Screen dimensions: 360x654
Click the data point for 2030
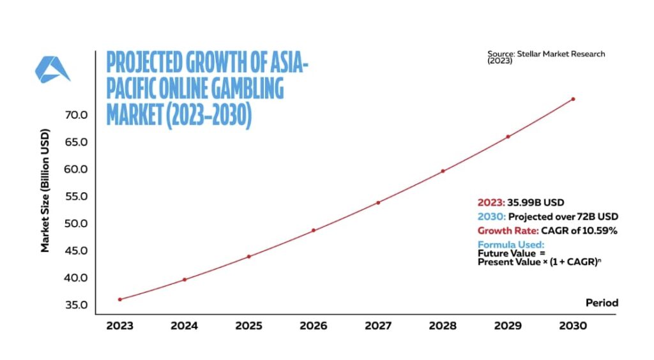pyautogui.click(x=573, y=99)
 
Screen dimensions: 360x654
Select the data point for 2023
pyautogui.click(x=119, y=299)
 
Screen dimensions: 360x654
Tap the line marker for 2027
pyautogui.click(x=378, y=202)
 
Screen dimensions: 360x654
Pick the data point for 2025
pyautogui.click(x=248, y=257)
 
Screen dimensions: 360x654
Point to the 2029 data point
pyautogui.click(x=508, y=137)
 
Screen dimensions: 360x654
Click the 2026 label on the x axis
pyautogui.click(x=314, y=326)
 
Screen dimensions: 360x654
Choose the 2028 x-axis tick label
pyautogui.click(x=443, y=326)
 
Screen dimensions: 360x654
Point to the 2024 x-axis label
pyautogui.click(x=184, y=326)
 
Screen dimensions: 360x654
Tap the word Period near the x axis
pyautogui.click(x=602, y=303)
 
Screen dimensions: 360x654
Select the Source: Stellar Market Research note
pyautogui.click(x=546, y=57)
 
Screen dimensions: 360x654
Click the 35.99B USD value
pyautogui.click(x=535, y=202)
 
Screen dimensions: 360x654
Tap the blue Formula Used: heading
pyautogui.click(x=511, y=244)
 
